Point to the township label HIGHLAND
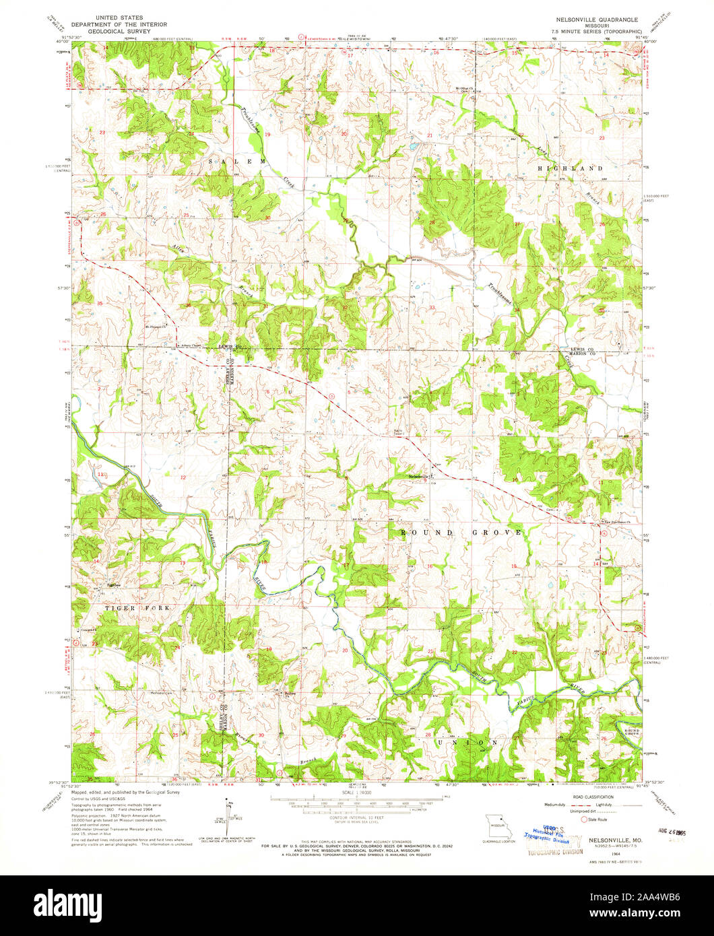[x=570, y=167]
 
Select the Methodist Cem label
[x=162, y=693]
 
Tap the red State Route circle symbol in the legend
[x=585, y=820]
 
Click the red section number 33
[x=432, y=308]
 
